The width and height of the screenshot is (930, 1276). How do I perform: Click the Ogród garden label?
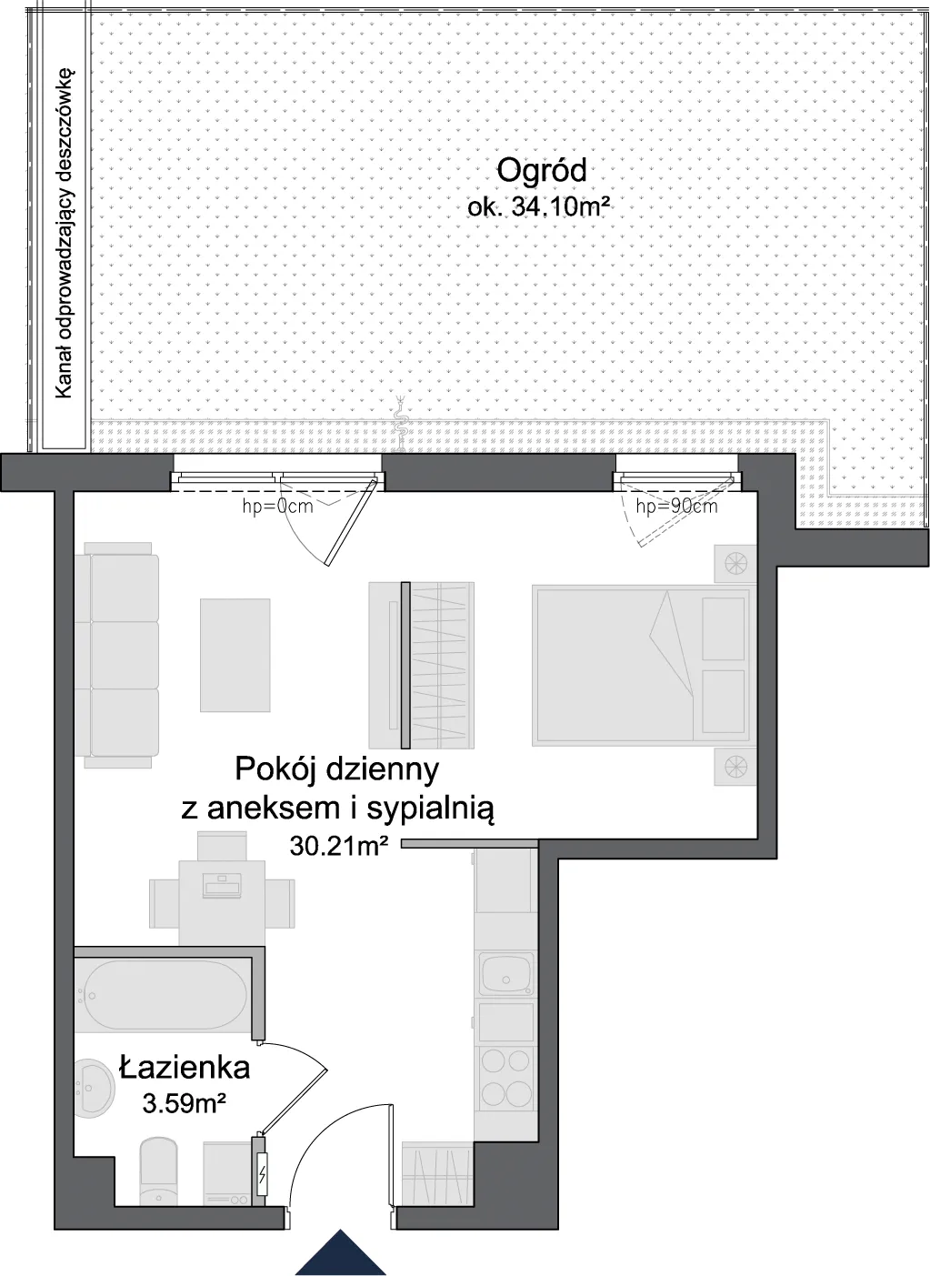click(542, 171)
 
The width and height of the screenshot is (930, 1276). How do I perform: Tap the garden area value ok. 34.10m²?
click(535, 206)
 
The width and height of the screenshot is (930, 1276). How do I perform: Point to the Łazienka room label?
click(185, 1066)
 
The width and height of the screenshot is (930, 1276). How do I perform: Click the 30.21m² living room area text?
click(339, 846)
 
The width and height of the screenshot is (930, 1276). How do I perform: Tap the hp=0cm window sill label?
click(278, 506)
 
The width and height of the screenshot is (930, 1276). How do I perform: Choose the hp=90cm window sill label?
click(676, 506)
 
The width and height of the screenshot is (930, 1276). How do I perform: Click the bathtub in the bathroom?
click(164, 995)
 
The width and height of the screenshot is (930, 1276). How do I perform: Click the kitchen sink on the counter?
click(506, 973)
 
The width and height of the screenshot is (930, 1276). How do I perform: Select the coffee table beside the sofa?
click(235, 655)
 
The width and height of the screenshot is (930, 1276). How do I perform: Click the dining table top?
click(222, 901)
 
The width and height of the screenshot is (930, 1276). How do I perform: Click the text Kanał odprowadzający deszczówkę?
click(64, 234)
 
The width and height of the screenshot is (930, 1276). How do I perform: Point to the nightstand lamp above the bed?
click(735, 564)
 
